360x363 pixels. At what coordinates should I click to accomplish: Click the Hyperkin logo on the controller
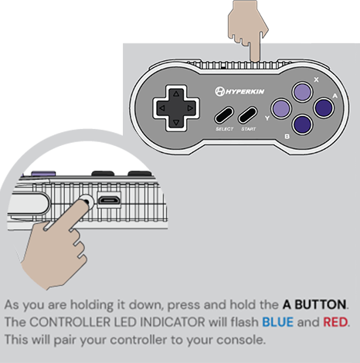coord(241,93)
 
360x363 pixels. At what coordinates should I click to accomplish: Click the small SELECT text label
coord(224,130)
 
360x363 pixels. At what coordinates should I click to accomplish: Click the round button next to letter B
coord(302,127)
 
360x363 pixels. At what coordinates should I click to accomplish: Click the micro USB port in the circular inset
coord(108,201)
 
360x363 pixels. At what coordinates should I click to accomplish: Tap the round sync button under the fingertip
coord(86,202)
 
